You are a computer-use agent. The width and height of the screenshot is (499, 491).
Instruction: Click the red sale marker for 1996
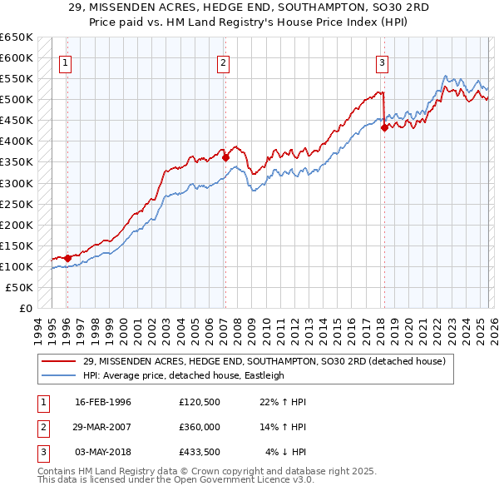pyautogui.click(x=67, y=257)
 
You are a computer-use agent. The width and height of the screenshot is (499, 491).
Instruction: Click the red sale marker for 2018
pyautogui.click(x=384, y=127)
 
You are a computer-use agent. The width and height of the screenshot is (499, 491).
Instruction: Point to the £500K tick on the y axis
pyautogui.click(x=17, y=100)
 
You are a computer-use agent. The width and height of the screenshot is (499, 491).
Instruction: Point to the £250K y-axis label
pyautogui.click(x=17, y=204)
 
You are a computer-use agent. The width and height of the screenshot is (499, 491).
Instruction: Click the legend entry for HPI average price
pyautogui.click(x=183, y=375)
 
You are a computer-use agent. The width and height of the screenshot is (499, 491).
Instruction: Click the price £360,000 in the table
pyautogui.click(x=200, y=427)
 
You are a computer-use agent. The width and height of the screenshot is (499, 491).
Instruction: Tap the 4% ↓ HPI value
pyautogui.click(x=286, y=452)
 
